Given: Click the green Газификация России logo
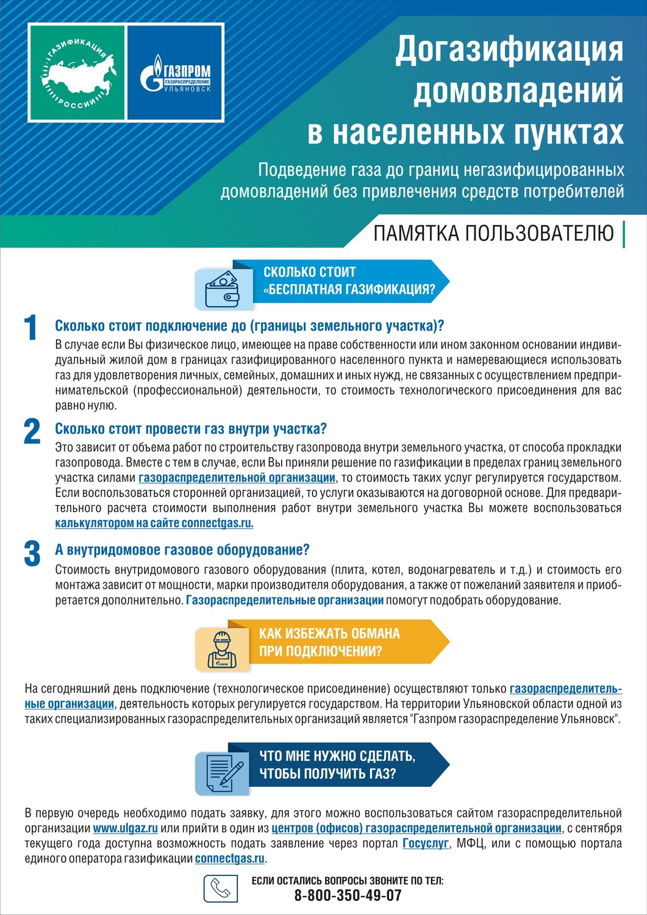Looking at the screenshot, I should (x=77, y=72).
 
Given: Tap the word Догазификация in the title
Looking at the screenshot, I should (x=509, y=50).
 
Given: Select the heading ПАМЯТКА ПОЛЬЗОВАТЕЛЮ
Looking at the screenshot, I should (x=493, y=234).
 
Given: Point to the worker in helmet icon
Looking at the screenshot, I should (x=221, y=648).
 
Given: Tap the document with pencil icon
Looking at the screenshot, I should (x=222, y=772).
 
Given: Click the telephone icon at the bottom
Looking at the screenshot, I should (x=220, y=888).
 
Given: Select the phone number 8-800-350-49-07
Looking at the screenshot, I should (x=348, y=895).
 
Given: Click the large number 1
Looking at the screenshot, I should (x=30, y=328).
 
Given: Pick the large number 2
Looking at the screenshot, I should (x=32, y=432).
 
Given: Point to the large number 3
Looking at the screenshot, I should (x=32, y=553).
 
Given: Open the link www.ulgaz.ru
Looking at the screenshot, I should (x=126, y=828).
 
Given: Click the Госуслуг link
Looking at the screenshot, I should (x=426, y=844).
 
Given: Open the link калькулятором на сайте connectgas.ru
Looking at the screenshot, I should (x=154, y=523).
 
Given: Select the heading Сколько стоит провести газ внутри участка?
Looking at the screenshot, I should (x=191, y=429).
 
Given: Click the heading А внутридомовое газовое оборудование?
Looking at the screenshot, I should (x=182, y=550).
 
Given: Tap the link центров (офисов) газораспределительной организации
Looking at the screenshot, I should (x=416, y=828).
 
